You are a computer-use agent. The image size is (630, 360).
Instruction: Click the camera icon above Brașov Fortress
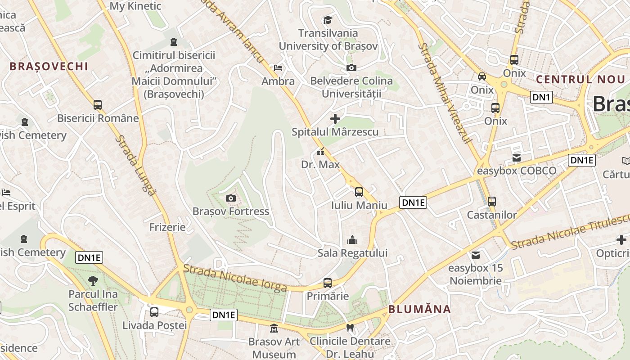coord(230,198)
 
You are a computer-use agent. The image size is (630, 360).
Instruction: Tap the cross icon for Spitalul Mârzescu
coord(335,119)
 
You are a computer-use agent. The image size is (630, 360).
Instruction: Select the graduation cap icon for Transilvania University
coord(328,20)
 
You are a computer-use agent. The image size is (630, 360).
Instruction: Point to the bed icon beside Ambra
coord(278,68)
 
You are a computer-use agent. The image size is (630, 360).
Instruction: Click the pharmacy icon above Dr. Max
coord(320,152)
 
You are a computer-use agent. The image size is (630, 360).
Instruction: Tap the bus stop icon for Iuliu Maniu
coord(359,192)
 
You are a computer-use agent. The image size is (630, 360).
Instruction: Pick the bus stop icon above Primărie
coord(328,283)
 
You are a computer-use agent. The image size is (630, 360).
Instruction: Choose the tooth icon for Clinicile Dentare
coord(350,328)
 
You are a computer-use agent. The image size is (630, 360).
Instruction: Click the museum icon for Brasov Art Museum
coord(274,328)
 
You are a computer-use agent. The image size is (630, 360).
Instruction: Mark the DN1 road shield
coord(541,97)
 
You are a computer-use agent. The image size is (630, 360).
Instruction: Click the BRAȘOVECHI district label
coord(49,67)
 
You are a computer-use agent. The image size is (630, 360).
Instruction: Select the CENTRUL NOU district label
coord(580,80)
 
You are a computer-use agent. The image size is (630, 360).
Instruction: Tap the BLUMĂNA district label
coord(419,309)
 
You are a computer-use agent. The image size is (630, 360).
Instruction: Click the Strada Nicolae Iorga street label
coord(235,278)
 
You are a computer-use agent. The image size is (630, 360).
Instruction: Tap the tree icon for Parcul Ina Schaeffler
coord(93,281)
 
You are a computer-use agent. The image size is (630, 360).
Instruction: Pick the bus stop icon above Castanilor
coord(492,202)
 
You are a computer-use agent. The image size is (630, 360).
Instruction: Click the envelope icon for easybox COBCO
coord(517,158)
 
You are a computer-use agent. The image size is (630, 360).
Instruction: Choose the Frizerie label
coord(167,227)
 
